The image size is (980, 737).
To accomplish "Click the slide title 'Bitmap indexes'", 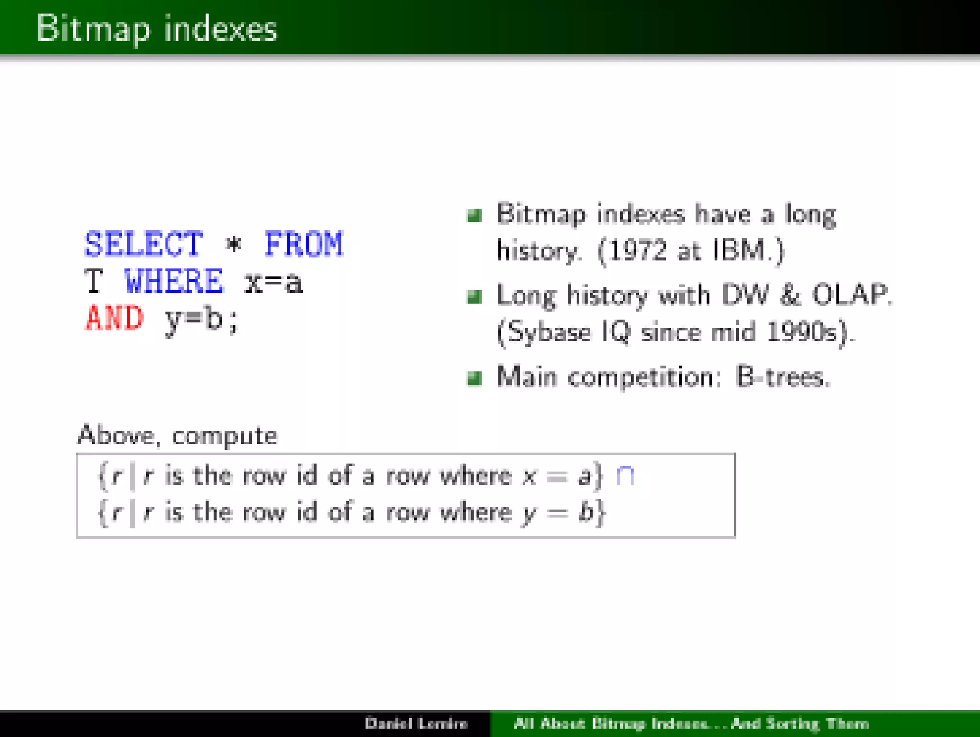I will click(x=156, y=29).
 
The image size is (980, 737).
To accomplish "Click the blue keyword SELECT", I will click(x=144, y=244).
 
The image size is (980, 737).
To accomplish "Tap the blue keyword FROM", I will click(x=303, y=244).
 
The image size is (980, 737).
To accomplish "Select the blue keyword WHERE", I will click(x=173, y=281).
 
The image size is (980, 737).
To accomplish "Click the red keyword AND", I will click(x=114, y=318).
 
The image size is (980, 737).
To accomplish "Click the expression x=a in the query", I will click(x=273, y=282).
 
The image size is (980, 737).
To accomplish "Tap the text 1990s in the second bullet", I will click(x=807, y=332).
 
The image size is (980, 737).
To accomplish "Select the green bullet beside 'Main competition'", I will click(x=474, y=378).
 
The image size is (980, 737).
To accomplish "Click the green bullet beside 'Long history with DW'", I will click(x=474, y=297).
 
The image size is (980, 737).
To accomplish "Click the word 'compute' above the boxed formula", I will click(x=224, y=436).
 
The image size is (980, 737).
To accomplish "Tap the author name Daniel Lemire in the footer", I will click(x=416, y=723).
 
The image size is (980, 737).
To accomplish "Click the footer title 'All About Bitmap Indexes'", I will click(x=610, y=723).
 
